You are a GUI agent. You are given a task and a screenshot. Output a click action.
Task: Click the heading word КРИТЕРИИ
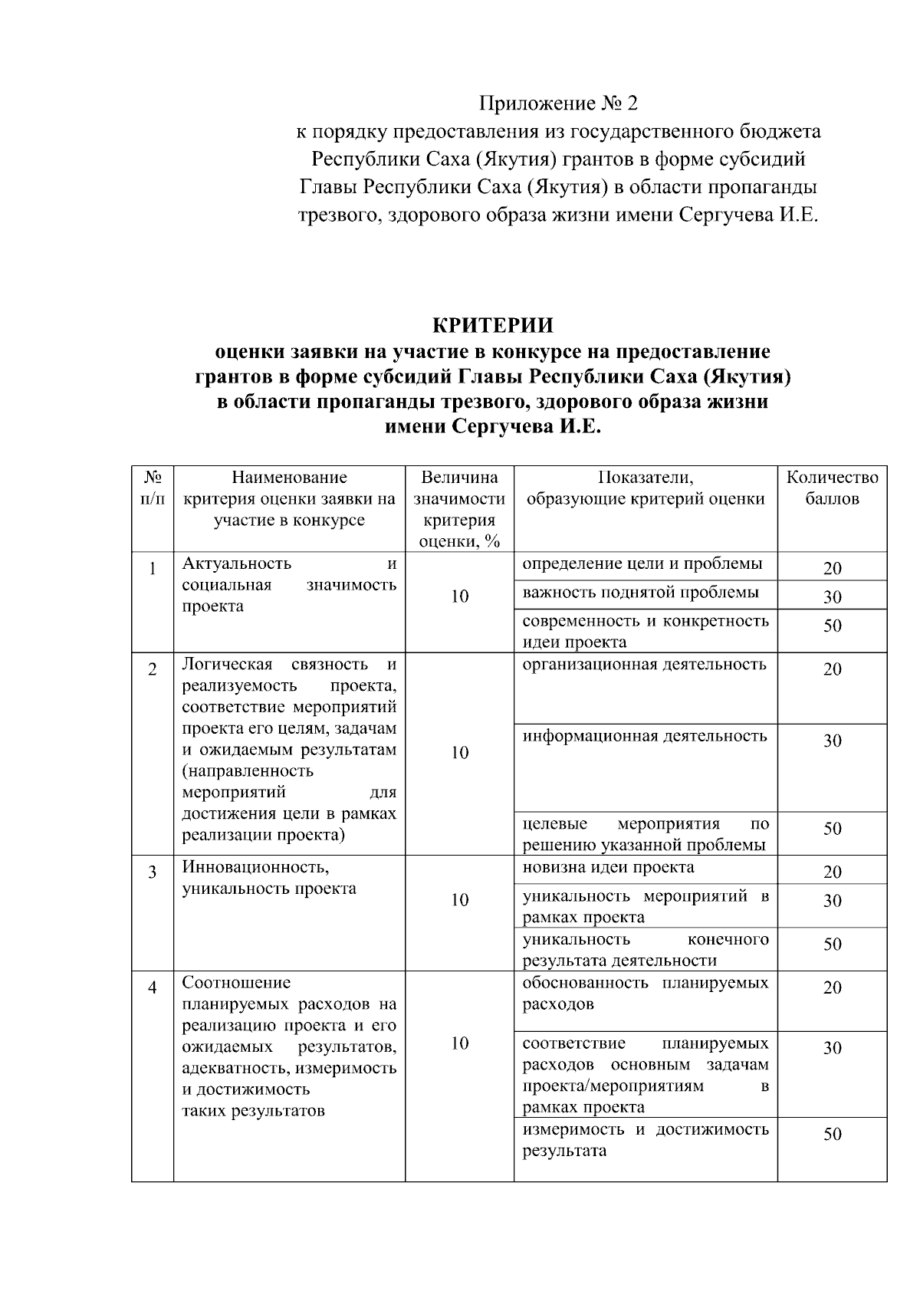(492, 326)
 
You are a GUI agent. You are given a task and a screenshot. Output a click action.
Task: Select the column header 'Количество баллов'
(832, 488)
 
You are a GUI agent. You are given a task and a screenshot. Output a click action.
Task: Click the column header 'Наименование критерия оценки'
(289, 498)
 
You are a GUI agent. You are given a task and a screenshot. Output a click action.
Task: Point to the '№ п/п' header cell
(152, 488)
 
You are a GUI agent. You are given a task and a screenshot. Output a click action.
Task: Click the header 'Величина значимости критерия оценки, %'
(459, 509)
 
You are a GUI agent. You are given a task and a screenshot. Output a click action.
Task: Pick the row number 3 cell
(152, 872)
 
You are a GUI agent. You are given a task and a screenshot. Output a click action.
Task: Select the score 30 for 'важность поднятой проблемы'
(832, 597)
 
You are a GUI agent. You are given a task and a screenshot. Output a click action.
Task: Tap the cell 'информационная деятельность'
(644, 737)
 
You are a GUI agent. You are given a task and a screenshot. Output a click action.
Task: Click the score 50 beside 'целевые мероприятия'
(832, 829)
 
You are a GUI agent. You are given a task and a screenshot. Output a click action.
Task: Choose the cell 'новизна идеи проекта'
(608, 867)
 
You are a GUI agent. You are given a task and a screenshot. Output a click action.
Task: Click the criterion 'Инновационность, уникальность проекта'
(268, 879)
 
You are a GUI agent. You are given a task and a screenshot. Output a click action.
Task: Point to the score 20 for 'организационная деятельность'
(832, 669)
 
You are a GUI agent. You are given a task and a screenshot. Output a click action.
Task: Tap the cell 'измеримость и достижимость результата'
(645, 1140)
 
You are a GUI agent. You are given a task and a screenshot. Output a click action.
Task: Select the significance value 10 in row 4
(459, 1043)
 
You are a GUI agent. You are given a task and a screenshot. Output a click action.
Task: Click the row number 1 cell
(152, 569)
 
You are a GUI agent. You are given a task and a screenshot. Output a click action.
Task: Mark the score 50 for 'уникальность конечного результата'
(832, 945)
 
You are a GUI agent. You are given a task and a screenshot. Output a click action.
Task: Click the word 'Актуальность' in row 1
(236, 564)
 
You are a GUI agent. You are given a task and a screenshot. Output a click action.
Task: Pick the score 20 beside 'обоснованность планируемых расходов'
(832, 987)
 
